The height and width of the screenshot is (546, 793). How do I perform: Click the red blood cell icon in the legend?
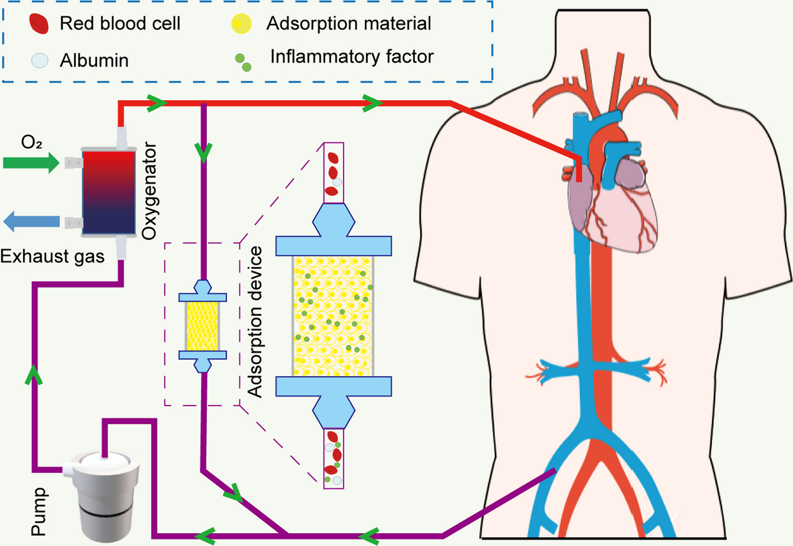click(39, 23)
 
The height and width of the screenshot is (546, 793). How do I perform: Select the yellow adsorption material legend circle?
click(242, 23)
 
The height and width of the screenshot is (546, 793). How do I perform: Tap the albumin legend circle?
click(40, 60)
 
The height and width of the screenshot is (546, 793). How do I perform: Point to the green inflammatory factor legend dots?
click(243, 62)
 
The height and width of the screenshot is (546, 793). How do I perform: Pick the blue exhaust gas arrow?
click(31, 221)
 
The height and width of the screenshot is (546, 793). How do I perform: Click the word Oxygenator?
click(149, 191)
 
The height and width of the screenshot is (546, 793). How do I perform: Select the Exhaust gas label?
click(52, 257)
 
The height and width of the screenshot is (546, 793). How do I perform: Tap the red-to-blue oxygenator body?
click(109, 192)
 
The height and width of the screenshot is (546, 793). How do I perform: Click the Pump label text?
click(39, 511)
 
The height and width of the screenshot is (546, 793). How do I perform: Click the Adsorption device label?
click(255, 321)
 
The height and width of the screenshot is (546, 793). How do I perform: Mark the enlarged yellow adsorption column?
click(333, 316)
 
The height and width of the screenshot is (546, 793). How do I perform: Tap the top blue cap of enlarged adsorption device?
click(333, 234)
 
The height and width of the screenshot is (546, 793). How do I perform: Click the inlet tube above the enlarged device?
click(333, 173)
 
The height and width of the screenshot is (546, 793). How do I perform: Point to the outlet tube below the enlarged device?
click(333, 458)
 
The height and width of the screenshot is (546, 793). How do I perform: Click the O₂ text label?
click(31, 143)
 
